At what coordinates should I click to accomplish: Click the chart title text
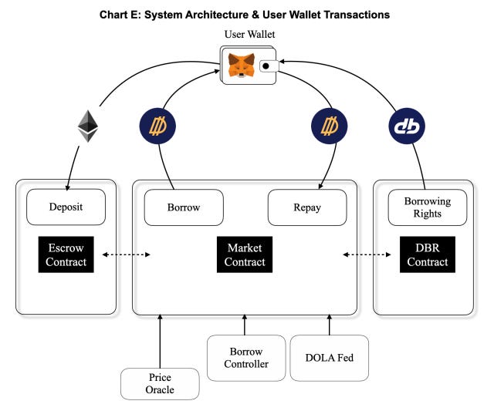[245, 14]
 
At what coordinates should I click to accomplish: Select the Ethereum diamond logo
[86, 126]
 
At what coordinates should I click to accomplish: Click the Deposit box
[65, 207]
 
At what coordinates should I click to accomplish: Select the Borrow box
[183, 207]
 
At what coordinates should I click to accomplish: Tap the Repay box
[306, 207]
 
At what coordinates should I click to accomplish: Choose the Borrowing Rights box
[427, 207]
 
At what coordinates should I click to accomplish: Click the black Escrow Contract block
[65, 255]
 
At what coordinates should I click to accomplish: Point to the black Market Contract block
[245, 255]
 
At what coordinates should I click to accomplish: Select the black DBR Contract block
[427, 255]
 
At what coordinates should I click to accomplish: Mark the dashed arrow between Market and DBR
[365, 254]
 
